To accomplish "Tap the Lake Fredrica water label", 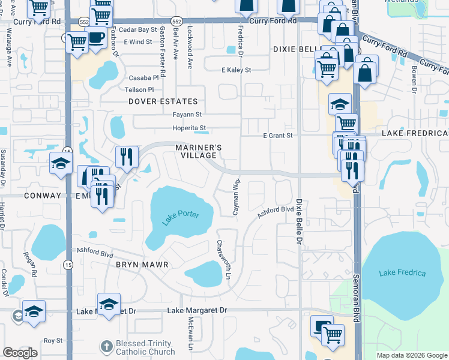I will [x=402, y=273].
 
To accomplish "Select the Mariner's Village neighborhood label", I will [x=199, y=151].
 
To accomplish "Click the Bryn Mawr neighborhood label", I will [x=141, y=264].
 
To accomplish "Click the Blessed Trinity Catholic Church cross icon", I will [x=106, y=346].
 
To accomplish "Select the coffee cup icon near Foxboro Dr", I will [x=95, y=37].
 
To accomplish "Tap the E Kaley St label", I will [x=235, y=70].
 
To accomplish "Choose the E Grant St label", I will [x=277, y=136].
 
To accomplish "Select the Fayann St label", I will [x=187, y=114].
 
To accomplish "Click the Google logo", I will [x=20, y=353].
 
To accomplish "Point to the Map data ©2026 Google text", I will [x=411, y=355].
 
